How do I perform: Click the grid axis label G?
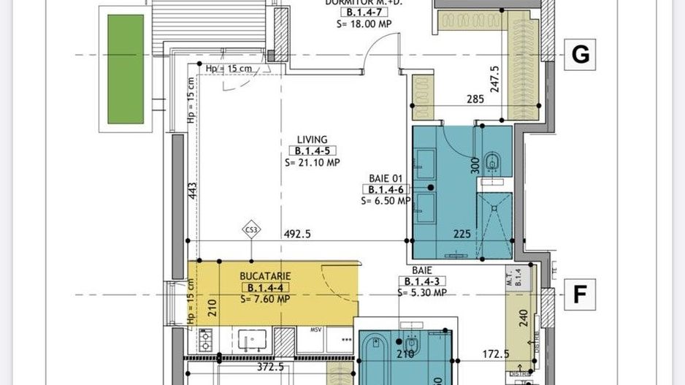580,55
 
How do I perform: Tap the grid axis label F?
580,294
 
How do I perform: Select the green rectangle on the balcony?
126,69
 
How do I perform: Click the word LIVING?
312,140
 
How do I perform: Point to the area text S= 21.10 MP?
313,162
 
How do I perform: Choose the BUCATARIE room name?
265,277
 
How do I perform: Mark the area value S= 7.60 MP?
265,299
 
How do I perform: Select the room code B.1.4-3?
422,281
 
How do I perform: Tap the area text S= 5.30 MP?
422,293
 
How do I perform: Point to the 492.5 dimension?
298,235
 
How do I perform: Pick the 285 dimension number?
475,99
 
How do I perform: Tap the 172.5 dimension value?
495,355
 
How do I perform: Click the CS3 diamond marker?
251,232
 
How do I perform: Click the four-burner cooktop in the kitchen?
206,340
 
